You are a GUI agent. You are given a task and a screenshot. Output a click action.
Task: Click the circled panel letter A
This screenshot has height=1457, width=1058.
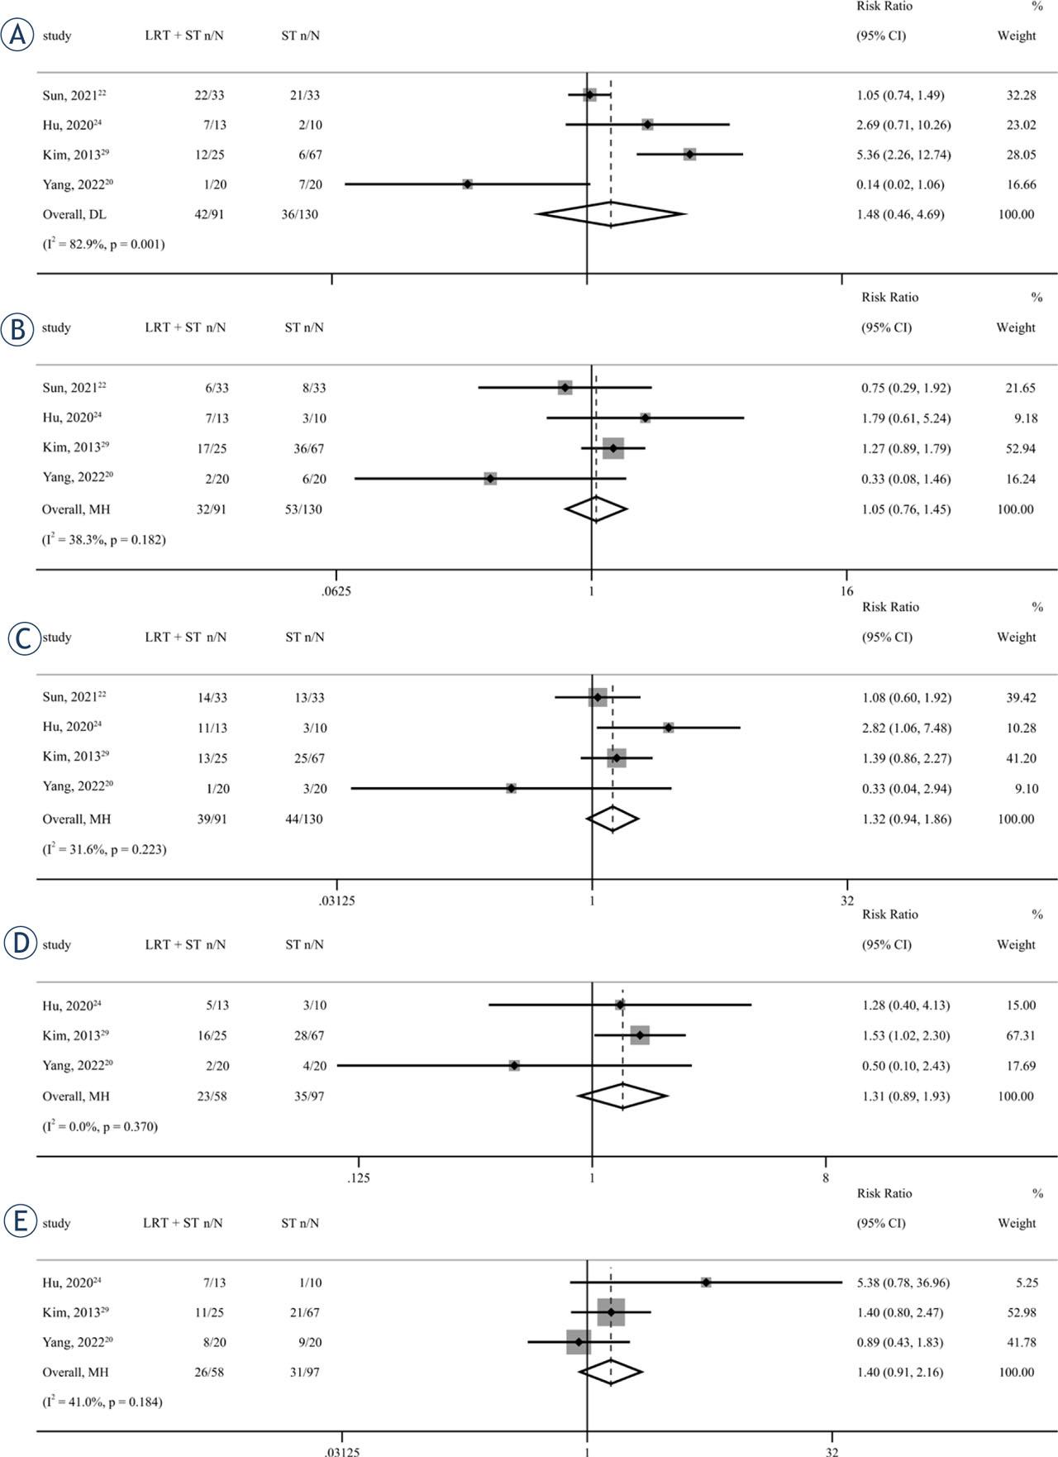pyautogui.click(x=17, y=36)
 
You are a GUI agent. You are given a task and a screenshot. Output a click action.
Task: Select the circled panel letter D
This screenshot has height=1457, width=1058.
pyautogui.click(x=21, y=944)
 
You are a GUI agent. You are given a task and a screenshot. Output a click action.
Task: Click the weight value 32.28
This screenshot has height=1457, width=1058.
pyautogui.click(x=1016, y=95)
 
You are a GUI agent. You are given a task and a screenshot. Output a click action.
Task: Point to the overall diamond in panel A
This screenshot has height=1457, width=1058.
pyautogui.click(x=611, y=214)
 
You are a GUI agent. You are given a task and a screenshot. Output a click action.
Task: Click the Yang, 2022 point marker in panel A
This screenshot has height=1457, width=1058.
pyautogui.click(x=468, y=184)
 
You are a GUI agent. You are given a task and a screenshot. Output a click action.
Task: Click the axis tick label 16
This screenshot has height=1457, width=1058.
pyautogui.click(x=846, y=591)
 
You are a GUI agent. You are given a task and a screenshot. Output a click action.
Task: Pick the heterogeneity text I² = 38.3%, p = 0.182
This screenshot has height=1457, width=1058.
pyautogui.click(x=104, y=540)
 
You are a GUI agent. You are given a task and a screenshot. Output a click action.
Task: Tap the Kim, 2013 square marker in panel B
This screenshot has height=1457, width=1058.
pyautogui.click(x=613, y=448)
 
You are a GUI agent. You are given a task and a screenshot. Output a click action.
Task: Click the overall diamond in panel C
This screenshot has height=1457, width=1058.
pyautogui.click(x=612, y=819)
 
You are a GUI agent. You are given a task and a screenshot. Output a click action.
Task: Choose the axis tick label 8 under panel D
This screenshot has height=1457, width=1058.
pyautogui.click(x=826, y=1178)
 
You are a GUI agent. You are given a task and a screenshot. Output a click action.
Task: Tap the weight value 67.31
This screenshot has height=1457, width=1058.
pyautogui.click(x=1016, y=1035)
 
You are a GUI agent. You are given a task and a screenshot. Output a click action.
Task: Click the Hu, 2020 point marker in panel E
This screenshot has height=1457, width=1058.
pyautogui.click(x=706, y=1283)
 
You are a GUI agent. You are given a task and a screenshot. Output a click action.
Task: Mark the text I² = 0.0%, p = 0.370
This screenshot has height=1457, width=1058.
pyautogui.click(x=100, y=1126)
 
